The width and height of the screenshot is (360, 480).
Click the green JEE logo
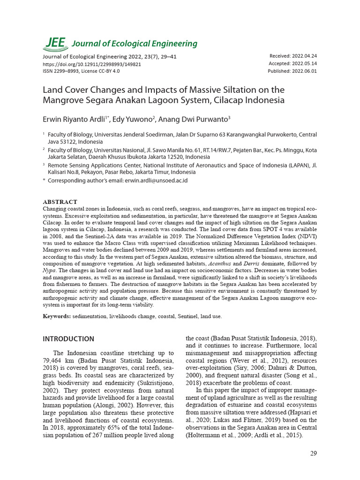[x=55, y=43]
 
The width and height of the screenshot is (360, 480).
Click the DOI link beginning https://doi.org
[x=92, y=64]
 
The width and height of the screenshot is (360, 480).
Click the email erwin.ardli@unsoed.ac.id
[x=156, y=180]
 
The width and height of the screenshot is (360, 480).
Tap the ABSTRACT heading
[x=60, y=202]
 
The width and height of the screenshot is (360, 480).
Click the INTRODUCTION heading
[x=68, y=339]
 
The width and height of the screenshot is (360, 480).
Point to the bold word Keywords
[x=57, y=316]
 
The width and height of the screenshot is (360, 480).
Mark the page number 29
[x=314, y=453]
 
